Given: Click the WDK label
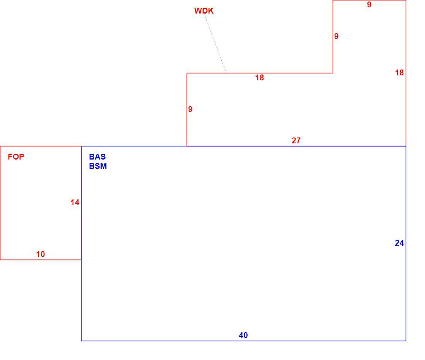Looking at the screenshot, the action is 204,11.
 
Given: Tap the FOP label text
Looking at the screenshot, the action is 16,157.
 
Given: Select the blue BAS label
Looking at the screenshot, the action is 97,157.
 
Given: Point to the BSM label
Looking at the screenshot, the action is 98,166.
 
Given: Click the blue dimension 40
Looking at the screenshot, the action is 243,335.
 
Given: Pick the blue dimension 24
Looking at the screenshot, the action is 399,243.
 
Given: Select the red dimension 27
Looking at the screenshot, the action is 296,141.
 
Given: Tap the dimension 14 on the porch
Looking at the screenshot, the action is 75,202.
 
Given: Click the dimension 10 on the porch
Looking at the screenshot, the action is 41,254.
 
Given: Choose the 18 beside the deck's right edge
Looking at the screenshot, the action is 399,73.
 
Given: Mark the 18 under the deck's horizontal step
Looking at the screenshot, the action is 259,78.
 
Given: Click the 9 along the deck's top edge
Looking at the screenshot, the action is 369,5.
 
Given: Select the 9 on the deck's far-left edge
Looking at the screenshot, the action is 190,109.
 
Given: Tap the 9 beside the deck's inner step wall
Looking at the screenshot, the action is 337,36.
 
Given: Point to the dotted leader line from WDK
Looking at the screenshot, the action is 216,44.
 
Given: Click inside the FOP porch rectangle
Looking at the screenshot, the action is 41,203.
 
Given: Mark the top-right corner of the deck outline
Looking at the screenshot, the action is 406,0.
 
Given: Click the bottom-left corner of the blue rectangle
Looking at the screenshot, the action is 81,341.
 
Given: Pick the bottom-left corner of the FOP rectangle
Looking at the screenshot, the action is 0,260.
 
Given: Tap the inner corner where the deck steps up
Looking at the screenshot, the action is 333,73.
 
